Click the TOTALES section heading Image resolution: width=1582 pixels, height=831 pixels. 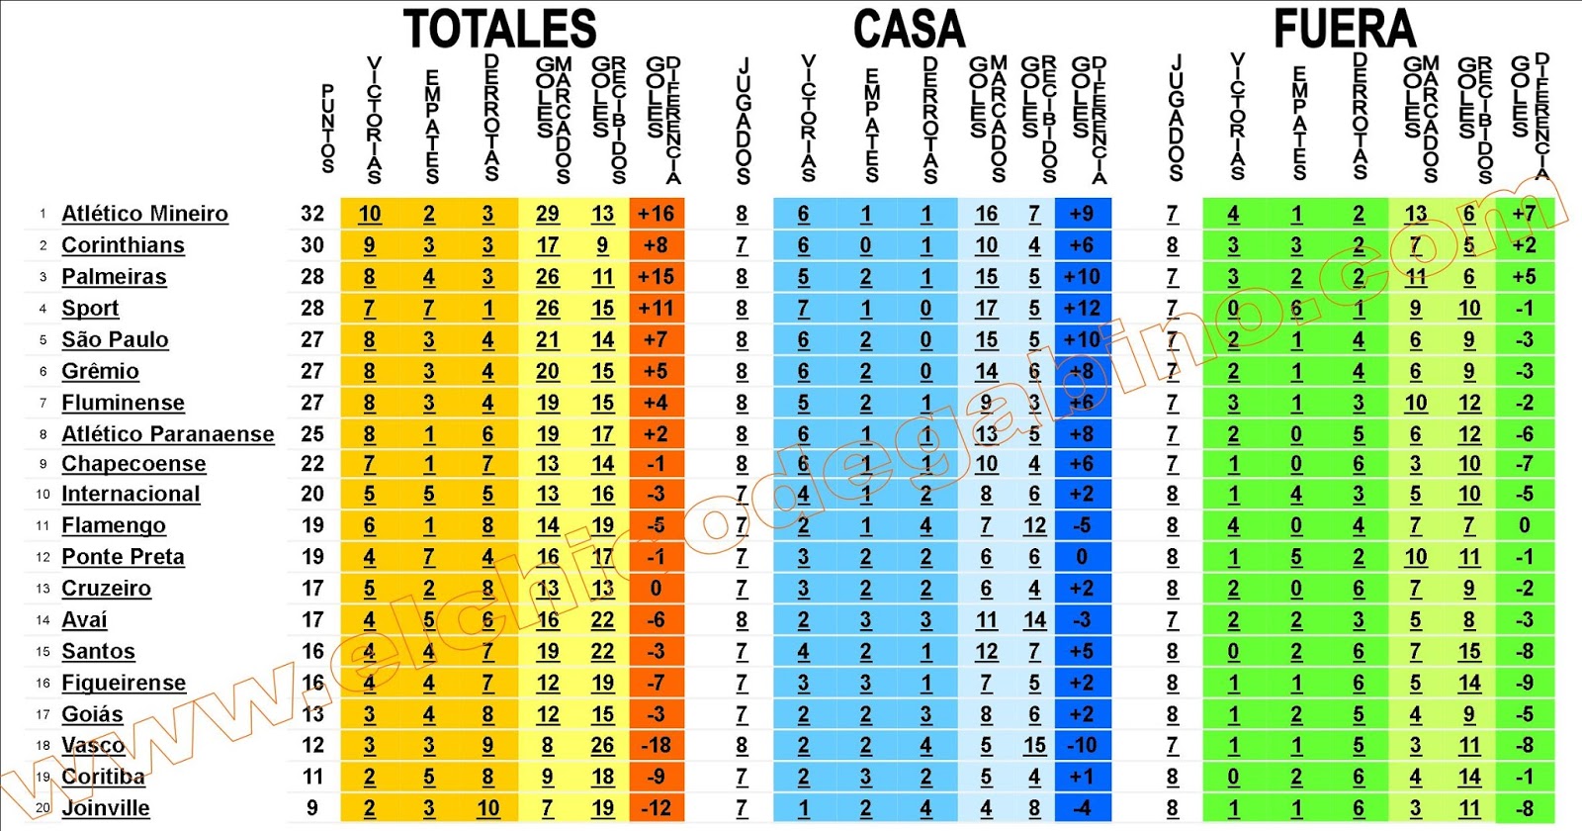[500, 29]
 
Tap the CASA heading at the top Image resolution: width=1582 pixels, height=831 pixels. [909, 29]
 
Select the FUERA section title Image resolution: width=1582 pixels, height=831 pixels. [1344, 29]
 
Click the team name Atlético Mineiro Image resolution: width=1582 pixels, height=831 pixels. [144, 214]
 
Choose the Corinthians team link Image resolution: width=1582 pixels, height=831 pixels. [123, 245]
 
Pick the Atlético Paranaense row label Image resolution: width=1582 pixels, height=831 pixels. [167, 434]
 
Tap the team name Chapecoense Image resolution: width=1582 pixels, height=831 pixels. [133, 464]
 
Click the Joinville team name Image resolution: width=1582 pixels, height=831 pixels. [105, 808]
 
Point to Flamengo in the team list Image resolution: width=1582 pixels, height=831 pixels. [113, 525]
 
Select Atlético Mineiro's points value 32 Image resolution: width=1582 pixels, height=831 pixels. [312, 214]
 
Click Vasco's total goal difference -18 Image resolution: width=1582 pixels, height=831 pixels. [656, 745]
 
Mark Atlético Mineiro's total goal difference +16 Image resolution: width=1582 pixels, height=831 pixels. [656, 214]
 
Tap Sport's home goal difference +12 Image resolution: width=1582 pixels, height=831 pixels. [1082, 309]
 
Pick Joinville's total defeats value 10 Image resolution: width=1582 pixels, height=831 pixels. [488, 808]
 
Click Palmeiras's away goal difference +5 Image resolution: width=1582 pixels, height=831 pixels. [1524, 277]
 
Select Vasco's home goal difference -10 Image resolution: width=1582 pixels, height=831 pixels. [1082, 745]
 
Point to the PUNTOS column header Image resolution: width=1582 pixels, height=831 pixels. [327, 129]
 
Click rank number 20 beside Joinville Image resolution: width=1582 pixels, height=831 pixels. [43, 808]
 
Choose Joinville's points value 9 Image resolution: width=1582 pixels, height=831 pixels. [312, 808]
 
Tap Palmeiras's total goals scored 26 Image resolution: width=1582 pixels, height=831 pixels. [548, 277]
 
